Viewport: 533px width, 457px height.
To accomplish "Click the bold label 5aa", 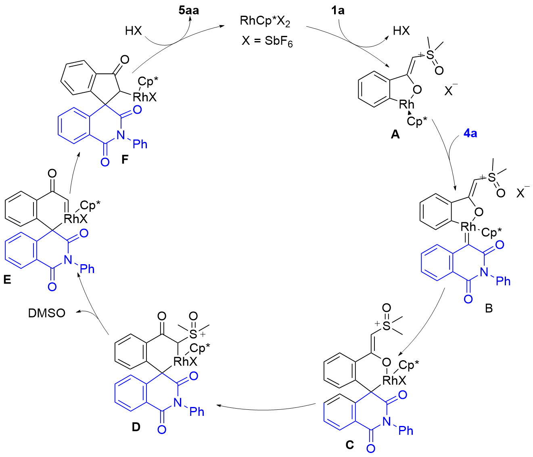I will pyautogui.click(x=189, y=10).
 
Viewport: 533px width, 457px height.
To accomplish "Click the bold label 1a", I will pyautogui.click(x=338, y=10).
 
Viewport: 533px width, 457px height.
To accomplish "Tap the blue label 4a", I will pyautogui.click(x=470, y=133).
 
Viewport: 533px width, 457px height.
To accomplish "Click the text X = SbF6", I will pyautogui.click(x=267, y=42).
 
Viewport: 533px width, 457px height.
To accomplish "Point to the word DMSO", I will pyautogui.click(x=47, y=313).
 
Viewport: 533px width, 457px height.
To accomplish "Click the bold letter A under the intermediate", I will pyautogui.click(x=395, y=135).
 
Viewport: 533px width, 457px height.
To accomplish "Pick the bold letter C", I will pyautogui.click(x=350, y=444).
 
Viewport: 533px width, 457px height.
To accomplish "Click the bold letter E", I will pyautogui.click(x=7, y=280).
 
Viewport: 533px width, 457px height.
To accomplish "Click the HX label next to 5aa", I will pyautogui.click(x=134, y=31).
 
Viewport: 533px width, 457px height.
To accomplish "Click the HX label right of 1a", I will pyautogui.click(x=401, y=31).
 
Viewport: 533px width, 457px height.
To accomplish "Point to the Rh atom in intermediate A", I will pyautogui.click(x=406, y=104).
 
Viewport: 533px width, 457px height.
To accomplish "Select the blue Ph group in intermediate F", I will pyautogui.click(x=140, y=144).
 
